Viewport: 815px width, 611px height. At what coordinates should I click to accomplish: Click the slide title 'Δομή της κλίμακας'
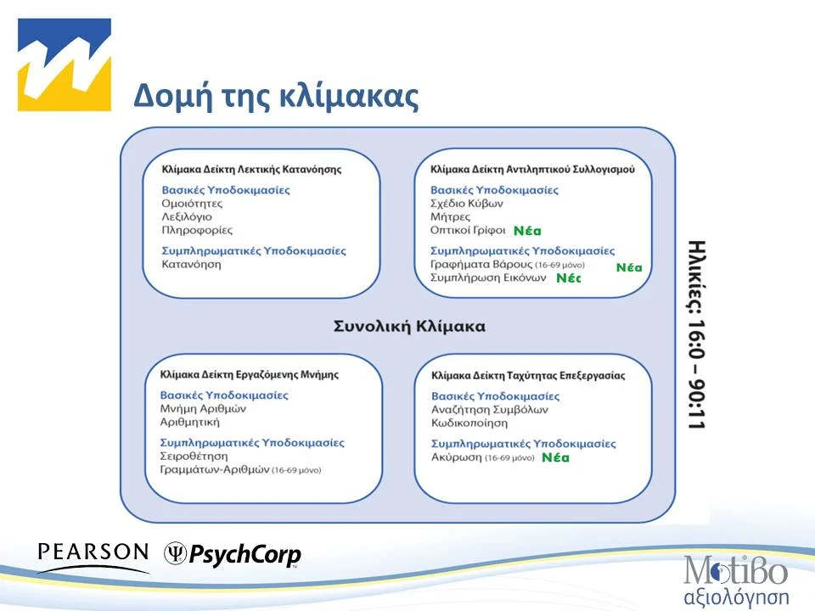(x=276, y=97)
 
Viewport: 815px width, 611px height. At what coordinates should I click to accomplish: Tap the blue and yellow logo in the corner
(x=65, y=65)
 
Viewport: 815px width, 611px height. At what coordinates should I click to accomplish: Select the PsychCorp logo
(x=233, y=555)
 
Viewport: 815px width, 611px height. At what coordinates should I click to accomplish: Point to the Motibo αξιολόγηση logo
(x=736, y=580)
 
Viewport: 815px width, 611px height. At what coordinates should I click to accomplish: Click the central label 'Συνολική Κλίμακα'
(x=397, y=327)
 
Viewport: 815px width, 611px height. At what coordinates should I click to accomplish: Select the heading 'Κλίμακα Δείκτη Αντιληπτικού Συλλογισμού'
(x=532, y=169)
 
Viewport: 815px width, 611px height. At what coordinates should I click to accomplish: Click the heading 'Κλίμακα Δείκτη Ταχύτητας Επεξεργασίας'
(x=528, y=374)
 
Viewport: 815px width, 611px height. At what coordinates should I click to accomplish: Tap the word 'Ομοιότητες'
(x=192, y=204)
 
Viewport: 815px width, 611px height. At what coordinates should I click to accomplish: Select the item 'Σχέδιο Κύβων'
(x=467, y=204)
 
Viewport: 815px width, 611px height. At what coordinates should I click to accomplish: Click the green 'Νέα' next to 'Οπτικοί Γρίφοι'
(x=527, y=231)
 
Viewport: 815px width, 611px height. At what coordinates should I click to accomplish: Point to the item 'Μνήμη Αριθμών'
(x=203, y=408)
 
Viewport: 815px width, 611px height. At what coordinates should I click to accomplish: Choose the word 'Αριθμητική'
(x=190, y=422)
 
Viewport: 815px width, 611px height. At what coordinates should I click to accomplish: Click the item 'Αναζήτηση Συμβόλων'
(x=490, y=409)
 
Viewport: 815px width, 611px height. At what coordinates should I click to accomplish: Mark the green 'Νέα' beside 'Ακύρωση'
(x=555, y=458)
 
